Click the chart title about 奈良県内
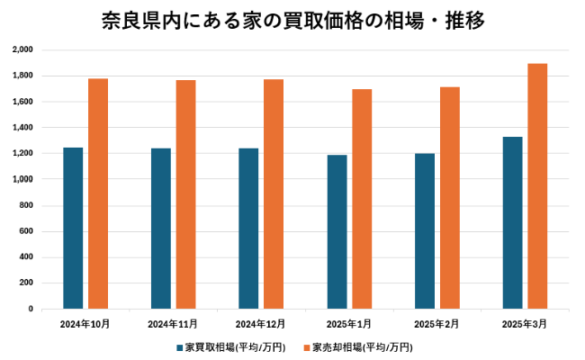[292, 21]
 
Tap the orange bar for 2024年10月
[98, 193]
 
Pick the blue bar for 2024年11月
[161, 229]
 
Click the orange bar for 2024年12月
[274, 193]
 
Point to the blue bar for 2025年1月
[337, 231]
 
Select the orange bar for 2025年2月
[450, 198]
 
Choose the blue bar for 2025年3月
[513, 222]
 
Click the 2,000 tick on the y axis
[23, 49]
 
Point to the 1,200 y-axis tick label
[23, 153]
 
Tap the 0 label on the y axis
[31, 309]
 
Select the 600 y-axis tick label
[26, 231]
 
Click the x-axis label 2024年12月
[260, 323]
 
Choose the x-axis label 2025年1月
[348, 323]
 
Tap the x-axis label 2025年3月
[524, 323]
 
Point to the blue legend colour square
[180, 346]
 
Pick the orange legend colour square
[307, 346]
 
